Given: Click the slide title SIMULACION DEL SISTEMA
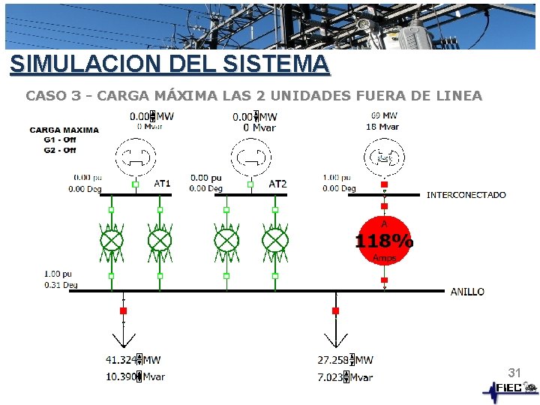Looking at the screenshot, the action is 169,64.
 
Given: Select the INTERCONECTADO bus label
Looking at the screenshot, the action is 466,195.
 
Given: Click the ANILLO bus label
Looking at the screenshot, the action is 467,292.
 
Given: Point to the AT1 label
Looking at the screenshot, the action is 163,184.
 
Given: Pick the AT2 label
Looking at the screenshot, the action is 277,184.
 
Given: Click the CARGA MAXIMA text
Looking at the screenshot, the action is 64,130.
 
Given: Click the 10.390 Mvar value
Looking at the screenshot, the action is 135,376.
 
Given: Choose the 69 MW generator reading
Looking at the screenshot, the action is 384,115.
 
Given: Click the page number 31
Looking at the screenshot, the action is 514,373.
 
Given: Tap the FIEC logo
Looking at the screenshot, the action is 510,388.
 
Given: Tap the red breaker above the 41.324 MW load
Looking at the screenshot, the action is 124,310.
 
